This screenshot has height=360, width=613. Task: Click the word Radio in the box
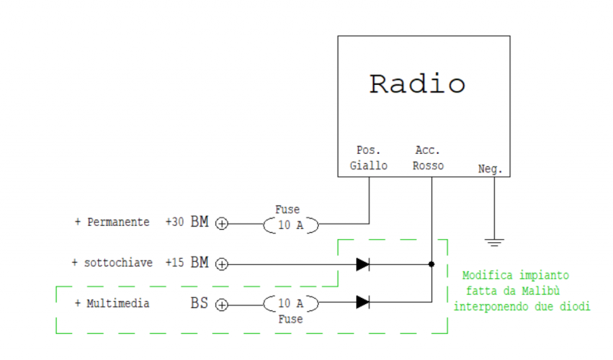click(417, 83)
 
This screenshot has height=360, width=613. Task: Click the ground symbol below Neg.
click(494, 242)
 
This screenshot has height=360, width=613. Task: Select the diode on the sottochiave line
click(363, 264)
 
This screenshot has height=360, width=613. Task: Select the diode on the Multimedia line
click(363, 302)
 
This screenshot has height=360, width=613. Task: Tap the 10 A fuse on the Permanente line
click(290, 224)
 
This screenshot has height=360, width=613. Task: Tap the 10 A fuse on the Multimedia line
click(290, 304)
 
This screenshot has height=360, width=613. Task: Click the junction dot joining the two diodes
click(431, 264)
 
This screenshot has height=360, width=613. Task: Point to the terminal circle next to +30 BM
click(221, 224)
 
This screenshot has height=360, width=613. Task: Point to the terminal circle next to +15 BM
click(221, 264)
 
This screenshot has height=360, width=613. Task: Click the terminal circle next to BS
click(221, 305)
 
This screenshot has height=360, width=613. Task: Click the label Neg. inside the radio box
click(490, 169)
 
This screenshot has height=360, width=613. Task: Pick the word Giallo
click(369, 165)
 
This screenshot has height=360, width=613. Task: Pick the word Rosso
click(428, 165)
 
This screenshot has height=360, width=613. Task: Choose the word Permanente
click(118, 222)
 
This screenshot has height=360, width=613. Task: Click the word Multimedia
click(118, 303)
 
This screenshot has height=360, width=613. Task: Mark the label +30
click(174, 222)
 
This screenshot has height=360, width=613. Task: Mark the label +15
click(174, 262)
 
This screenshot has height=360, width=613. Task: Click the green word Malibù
click(549, 290)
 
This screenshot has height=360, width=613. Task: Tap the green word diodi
click(576, 306)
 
